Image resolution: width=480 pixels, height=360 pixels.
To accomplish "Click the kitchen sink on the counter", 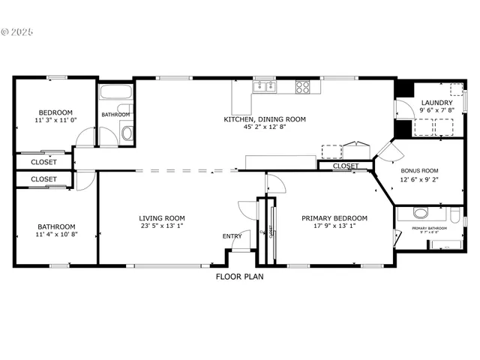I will click(264, 88).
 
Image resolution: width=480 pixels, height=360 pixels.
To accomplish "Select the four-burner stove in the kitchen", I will click(303, 87).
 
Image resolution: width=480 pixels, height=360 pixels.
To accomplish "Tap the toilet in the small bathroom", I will click(126, 134).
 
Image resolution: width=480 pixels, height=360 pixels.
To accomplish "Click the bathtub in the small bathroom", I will click(116, 95).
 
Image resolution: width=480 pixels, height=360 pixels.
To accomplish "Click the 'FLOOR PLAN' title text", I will click(239, 276).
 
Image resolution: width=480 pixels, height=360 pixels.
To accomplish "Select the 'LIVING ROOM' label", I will click(161, 218).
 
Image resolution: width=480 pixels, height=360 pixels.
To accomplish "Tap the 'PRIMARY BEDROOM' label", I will click(334, 218).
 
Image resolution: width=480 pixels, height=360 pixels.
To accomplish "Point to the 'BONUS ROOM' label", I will click(419, 170).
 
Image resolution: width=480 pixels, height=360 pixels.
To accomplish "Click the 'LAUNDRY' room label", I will click(436, 103).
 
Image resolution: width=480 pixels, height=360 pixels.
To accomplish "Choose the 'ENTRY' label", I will click(232, 237).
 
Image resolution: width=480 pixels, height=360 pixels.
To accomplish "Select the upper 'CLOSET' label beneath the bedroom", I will click(43, 162).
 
